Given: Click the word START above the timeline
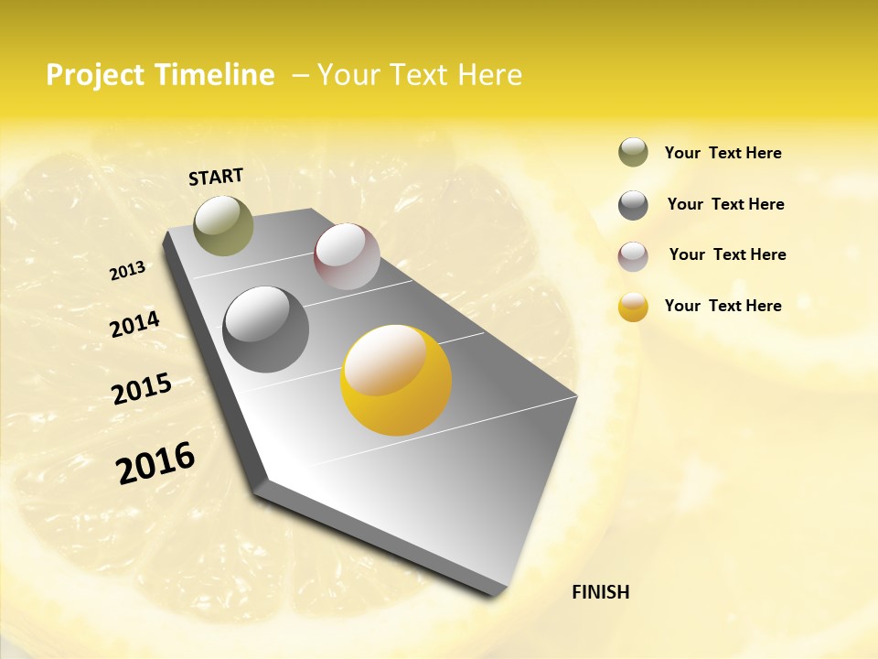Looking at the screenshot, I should (216, 176).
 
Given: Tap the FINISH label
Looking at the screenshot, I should (600, 592).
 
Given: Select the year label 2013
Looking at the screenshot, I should (127, 271).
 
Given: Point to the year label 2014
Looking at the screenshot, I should (134, 325).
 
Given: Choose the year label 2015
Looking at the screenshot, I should (141, 389).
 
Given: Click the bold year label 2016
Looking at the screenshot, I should (155, 463).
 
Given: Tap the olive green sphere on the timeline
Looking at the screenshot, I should (223, 225).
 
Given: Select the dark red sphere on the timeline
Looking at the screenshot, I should (347, 256).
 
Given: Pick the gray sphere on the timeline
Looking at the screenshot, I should (265, 329).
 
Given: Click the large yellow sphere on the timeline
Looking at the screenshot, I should (396, 380).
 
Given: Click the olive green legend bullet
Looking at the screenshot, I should (633, 153).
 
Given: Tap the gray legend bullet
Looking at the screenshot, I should (633, 205).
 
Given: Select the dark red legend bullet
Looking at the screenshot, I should (633, 256).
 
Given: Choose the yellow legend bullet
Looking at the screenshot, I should (633, 307).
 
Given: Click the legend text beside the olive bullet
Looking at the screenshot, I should (723, 153).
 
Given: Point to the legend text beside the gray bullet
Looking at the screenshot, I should (725, 204).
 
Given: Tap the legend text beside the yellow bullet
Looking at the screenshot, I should (723, 306).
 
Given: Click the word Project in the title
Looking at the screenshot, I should (95, 75).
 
